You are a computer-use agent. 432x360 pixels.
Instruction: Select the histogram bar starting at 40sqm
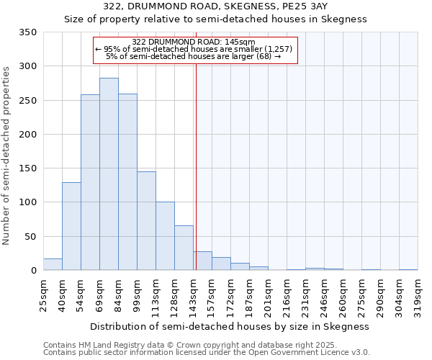(71, 226)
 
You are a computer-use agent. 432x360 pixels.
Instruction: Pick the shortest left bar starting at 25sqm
(53, 264)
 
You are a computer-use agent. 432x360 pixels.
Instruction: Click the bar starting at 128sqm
(184, 248)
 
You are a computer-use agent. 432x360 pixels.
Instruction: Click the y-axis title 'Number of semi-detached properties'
(6, 155)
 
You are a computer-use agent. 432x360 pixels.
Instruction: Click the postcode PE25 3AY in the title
(318, 6)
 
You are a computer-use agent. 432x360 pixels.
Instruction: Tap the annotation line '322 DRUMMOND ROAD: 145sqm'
(194, 42)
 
